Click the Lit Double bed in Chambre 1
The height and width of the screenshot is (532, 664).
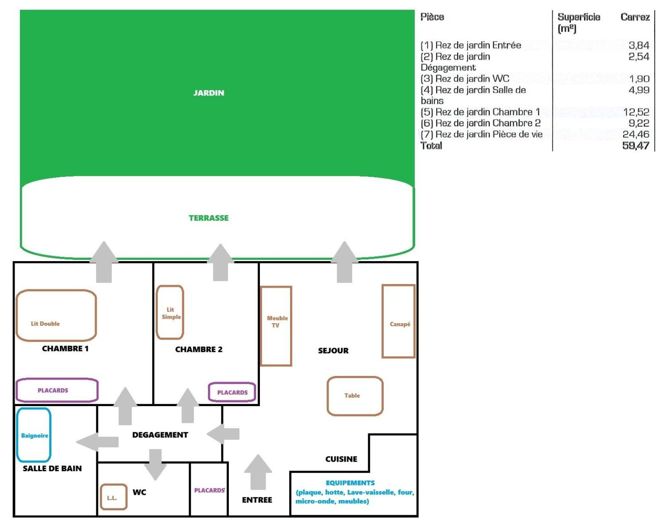[x=56, y=290]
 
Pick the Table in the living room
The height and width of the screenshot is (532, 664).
[x=355, y=377]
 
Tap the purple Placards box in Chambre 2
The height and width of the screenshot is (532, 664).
[x=232, y=383]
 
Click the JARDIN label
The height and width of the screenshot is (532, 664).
[x=208, y=93]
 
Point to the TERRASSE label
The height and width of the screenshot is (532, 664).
[x=208, y=218]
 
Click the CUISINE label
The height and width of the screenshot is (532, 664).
[x=341, y=459]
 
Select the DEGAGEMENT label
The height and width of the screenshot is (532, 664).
[x=160, y=435]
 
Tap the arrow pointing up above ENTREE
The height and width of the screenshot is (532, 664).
[x=258, y=472]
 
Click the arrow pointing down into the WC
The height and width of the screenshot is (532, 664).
[x=155, y=465]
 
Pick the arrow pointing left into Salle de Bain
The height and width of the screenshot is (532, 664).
[x=97, y=442]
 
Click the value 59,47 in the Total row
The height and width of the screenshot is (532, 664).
[x=636, y=145]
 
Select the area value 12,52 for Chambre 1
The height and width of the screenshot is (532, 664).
[x=636, y=112]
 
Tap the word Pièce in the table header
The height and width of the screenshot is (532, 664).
[x=432, y=17]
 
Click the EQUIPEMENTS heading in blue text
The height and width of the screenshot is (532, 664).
[x=350, y=483]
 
